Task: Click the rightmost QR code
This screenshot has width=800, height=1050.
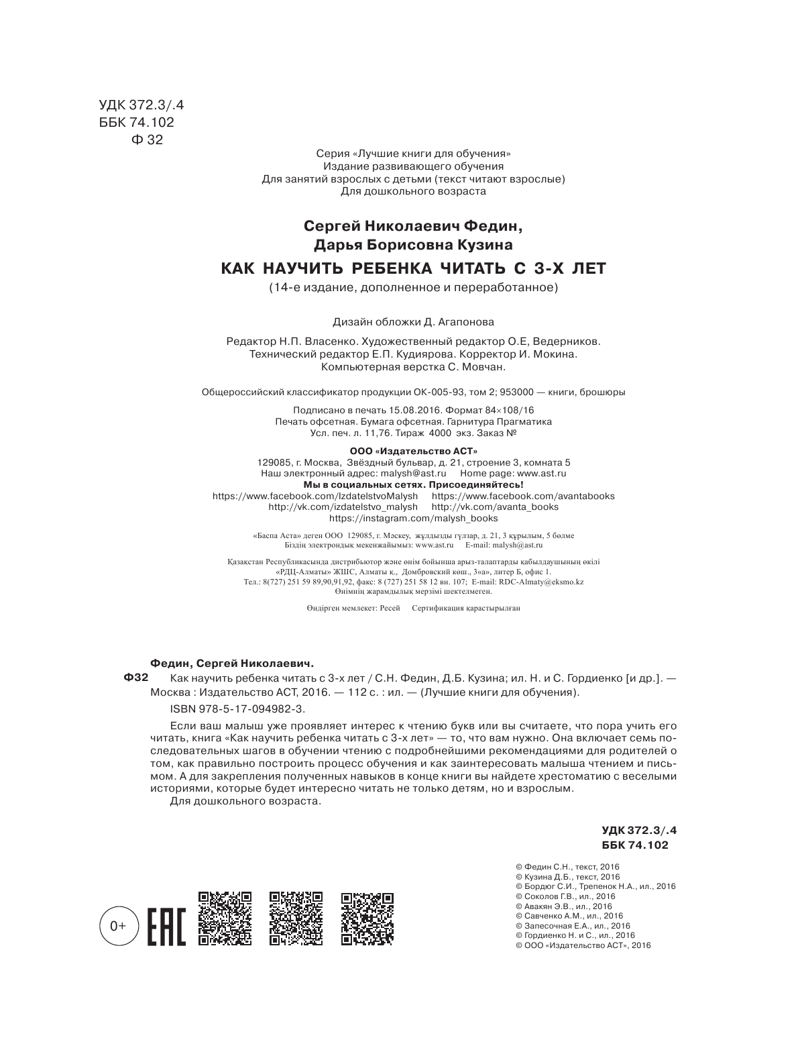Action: pyautogui.click(x=367, y=918)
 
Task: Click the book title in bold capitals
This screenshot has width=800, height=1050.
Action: pyautogui.click(x=413, y=269)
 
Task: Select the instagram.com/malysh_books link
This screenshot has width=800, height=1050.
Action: pyautogui.click(x=414, y=518)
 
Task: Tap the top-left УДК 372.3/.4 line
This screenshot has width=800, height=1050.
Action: pyautogui.click(x=140, y=105)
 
